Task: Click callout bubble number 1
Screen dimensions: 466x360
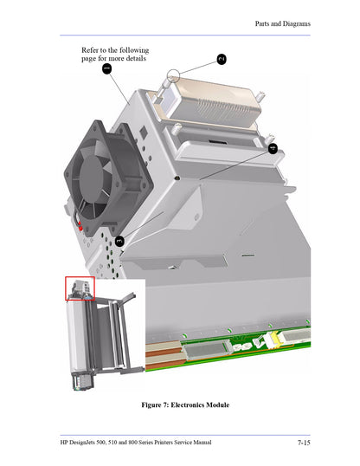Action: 106,69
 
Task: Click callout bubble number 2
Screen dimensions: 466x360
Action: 221,59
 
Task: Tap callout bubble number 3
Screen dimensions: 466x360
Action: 119,242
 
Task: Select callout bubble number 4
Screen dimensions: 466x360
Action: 273,148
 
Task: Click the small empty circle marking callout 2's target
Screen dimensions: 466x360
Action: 177,79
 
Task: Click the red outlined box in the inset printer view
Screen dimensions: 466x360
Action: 79,288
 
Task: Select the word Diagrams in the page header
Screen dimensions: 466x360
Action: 295,23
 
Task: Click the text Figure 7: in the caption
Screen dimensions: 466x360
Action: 156,405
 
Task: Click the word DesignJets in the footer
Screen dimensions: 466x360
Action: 89,443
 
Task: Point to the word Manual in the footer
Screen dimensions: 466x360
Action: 199,443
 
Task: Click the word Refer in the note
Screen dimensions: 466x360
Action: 92,49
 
